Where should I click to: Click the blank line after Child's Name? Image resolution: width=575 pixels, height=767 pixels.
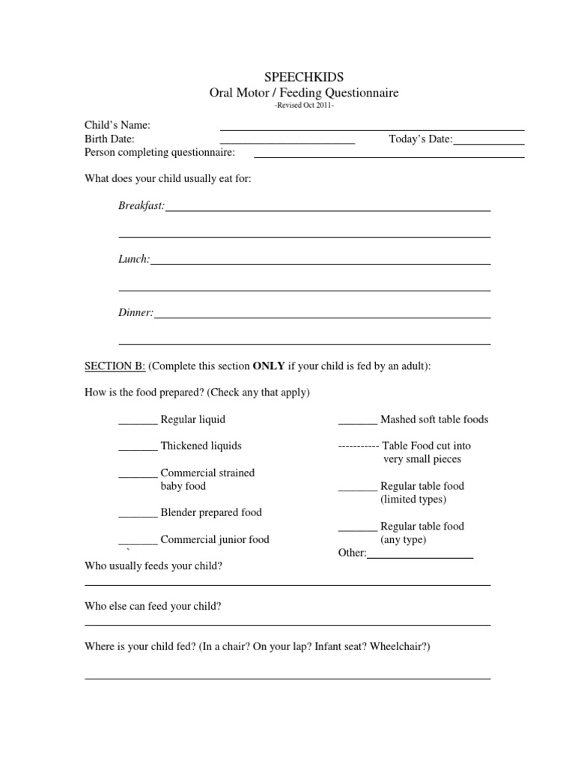[x=371, y=129]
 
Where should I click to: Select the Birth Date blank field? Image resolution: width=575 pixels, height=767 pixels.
[x=287, y=142]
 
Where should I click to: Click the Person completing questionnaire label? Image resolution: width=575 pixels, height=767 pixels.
[x=159, y=153]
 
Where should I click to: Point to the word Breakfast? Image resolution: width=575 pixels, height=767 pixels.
[x=141, y=205]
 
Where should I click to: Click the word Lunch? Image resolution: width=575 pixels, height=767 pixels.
[x=134, y=259]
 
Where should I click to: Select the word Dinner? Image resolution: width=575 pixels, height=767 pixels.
[x=136, y=312]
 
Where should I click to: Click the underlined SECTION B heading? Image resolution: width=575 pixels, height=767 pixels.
[x=115, y=366]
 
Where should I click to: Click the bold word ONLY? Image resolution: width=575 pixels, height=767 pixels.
[x=269, y=366]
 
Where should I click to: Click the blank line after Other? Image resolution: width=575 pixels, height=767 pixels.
[x=420, y=557]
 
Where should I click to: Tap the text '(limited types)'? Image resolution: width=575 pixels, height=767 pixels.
[x=413, y=500]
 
